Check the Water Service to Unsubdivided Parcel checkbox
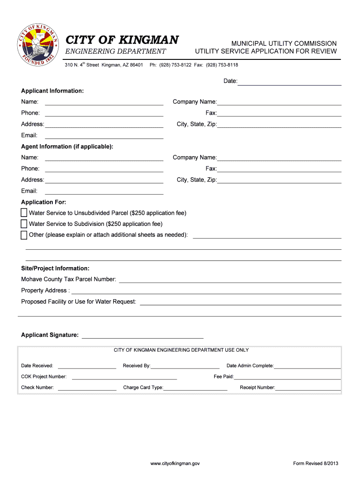(x=24, y=213)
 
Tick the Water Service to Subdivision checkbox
(x=24, y=224)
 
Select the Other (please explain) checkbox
(x=24, y=235)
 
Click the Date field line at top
(x=289, y=82)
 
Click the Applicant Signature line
(x=143, y=335)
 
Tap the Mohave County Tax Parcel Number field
(x=230, y=280)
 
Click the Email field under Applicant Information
(x=104, y=136)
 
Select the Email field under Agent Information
(x=104, y=191)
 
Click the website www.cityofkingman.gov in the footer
(x=175, y=464)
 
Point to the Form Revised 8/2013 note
(x=316, y=464)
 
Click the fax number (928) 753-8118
(x=224, y=65)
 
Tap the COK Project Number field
(x=124, y=377)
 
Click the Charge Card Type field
(x=195, y=388)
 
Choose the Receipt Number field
(x=308, y=388)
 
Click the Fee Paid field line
(x=287, y=377)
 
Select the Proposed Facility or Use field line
(x=240, y=302)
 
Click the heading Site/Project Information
(x=55, y=269)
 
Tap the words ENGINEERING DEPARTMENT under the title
(x=115, y=51)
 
